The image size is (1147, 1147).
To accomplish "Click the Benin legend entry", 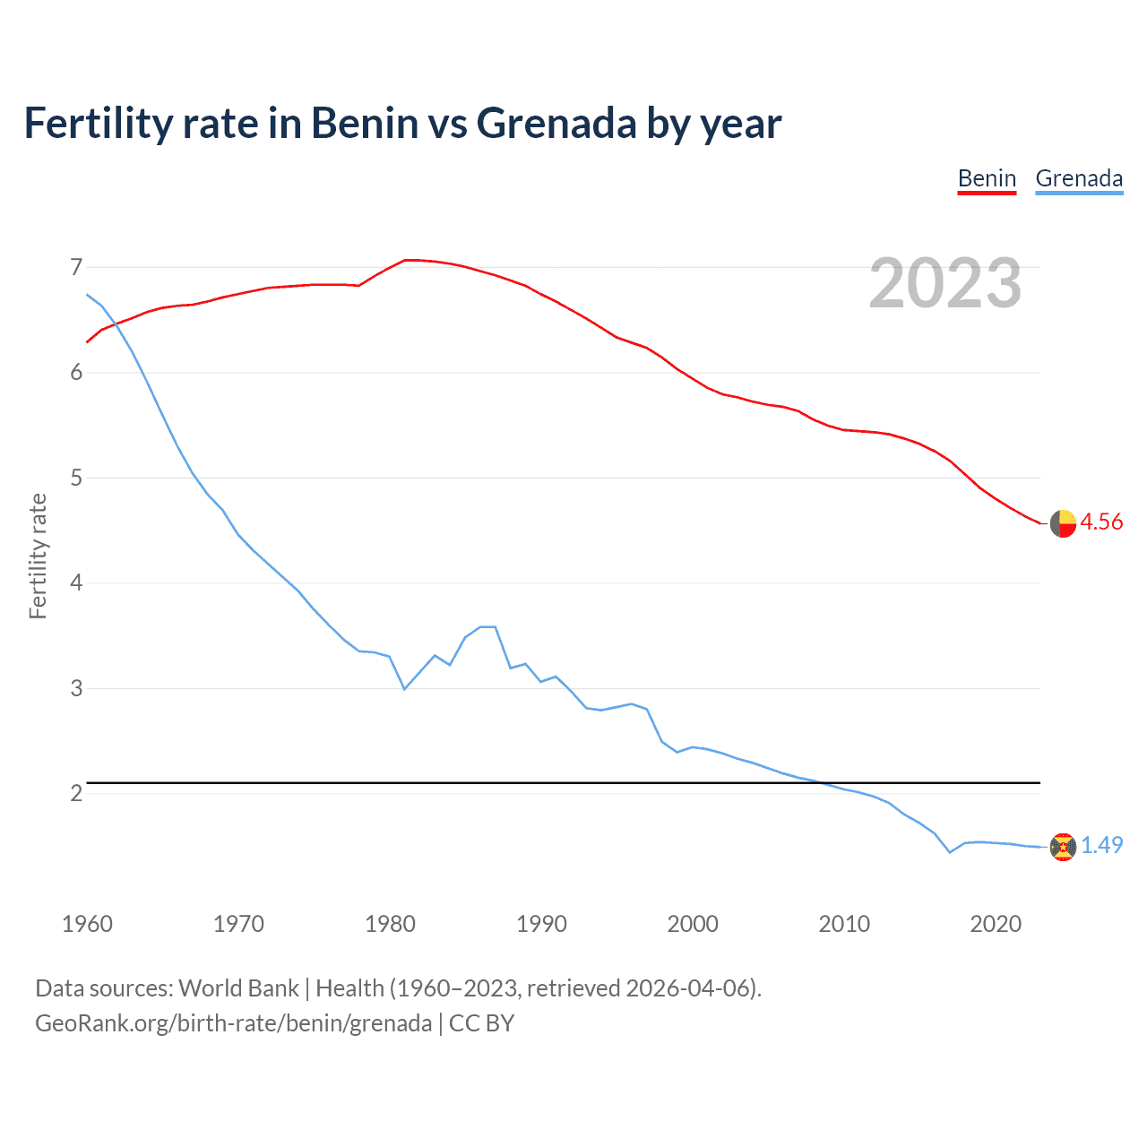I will tap(987, 178).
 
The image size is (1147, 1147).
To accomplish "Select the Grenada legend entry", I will tap(1079, 178).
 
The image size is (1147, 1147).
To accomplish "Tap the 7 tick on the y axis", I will tap(75, 267).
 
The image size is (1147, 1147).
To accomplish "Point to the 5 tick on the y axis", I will tap(75, 478).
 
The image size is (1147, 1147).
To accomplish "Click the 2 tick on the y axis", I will tap(75, 794).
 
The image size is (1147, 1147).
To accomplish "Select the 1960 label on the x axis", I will tap(87, 924).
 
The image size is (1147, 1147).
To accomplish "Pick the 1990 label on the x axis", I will tap(541, 924).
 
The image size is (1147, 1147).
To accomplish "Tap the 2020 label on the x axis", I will tap(996, 924).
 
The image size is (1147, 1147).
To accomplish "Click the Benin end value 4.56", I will tap(1101, 522).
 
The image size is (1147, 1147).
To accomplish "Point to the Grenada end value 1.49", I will tap(1101, 846).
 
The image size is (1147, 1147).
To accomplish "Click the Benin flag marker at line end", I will tap(1063, 523).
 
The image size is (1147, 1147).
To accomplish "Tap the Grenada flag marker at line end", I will tap(1063, 847).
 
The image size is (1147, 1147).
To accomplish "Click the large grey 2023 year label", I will tap(944, 283).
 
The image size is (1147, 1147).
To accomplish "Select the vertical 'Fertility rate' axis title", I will tap(38, 556).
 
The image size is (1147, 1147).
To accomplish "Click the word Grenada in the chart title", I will tap(556, 124).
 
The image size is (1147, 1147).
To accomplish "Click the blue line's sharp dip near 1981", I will tap(404, 688).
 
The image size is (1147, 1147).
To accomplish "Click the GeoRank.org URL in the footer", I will tap(233, 1023).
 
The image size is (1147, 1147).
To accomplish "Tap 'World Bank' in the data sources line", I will tap(238, 988).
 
